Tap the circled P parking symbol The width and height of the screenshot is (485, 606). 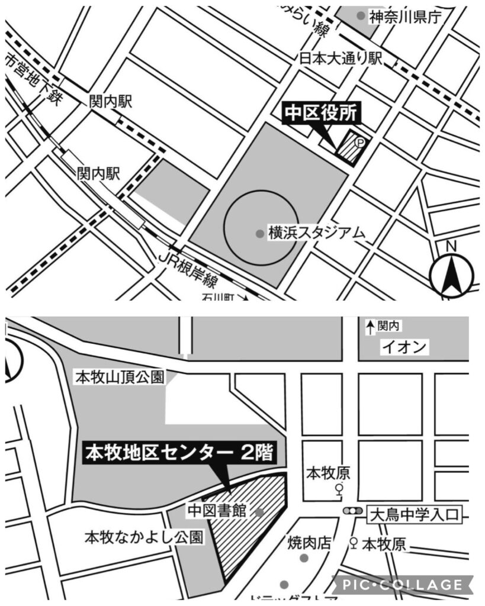point(359,142)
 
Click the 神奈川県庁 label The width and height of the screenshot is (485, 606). point(406,17)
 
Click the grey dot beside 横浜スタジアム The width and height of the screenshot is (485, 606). point(259,233)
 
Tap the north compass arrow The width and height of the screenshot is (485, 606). point(452,275)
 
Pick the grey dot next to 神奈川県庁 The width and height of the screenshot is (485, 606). point(361,16)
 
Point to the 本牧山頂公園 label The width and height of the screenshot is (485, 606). point(118,377)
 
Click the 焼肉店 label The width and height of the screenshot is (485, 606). point(309,542)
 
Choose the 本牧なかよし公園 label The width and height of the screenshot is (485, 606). point(144,538)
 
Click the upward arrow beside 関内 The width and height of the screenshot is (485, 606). point(370,326)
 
